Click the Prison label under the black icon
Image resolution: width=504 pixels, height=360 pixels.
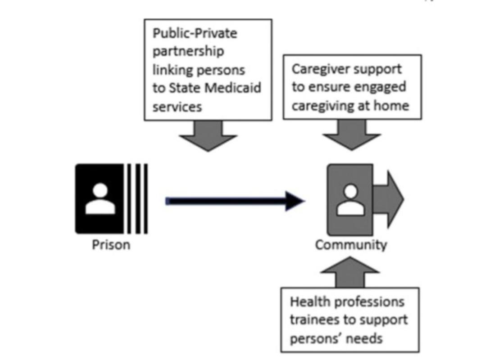tap(111, 245)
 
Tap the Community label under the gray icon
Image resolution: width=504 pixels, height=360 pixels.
tap(351, 245)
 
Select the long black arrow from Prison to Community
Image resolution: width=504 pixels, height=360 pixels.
tap(234, 201)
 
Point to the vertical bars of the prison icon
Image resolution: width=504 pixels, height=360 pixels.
tap(137, 199)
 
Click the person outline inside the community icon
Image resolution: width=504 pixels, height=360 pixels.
tap(350, 200)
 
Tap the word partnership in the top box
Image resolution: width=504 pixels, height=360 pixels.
tap(188, 51)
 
